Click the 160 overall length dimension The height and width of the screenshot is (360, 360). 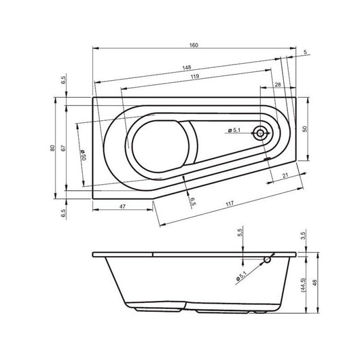[194, 45]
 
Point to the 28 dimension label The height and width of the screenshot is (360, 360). [277, 84]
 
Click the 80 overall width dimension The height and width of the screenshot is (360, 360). [52, 149]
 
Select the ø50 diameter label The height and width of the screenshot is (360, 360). [80, 155]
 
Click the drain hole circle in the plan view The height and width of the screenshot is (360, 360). [260, 133]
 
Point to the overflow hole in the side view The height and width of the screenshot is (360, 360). [268, 259]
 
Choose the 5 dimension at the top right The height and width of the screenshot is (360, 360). [306, 52]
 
